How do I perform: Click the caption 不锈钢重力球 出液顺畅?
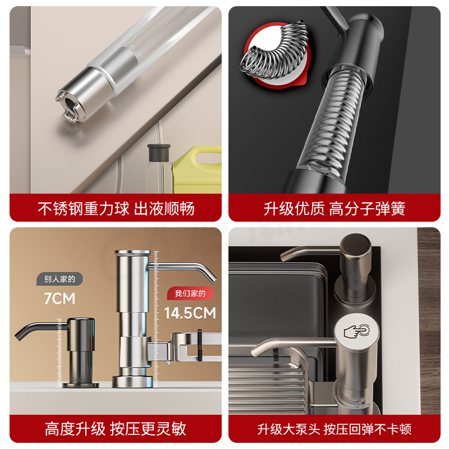[x=116, y=209]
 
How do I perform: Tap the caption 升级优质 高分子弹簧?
[x=335, y=209]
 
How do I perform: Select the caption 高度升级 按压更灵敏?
[x=116, y=429]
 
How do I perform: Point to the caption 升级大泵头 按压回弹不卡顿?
[x=335, y=429]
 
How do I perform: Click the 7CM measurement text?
[x=59, y=299]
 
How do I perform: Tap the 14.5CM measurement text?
[x=190, y=313]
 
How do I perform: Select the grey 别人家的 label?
[x=59, y=279]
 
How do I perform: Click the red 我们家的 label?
[x=190, y=293]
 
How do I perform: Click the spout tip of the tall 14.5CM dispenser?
[x=212, y=279]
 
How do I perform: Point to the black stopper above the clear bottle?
[x=158, y=153]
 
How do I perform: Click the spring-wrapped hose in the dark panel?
[x=331, y=129]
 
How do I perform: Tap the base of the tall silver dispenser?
[x=130, y=381]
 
